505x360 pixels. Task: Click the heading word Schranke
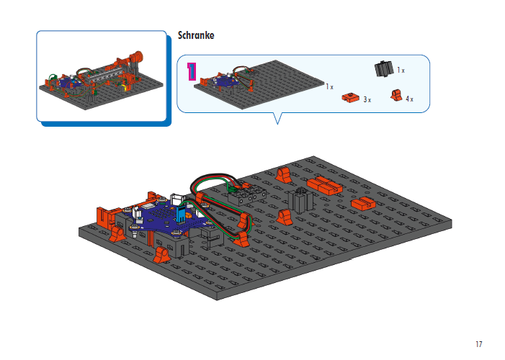[x=196, y=35]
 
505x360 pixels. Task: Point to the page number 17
[x=478, y=343]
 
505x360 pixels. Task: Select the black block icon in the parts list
[x=384, y=69]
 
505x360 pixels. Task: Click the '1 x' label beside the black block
[x=401, y=71]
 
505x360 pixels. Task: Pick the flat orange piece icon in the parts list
[x=351, y=97]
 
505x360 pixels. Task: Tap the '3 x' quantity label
[x=367, y=99]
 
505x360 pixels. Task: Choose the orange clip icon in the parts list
[x=395, y=95]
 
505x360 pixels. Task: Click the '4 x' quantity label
[x=409, y=99]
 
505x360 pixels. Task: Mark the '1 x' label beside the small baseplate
[x=329, y=86]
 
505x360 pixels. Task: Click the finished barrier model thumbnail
[x=104, y=76]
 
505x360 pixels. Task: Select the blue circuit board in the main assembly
[x=162, y=216]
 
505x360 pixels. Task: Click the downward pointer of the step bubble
[x=277, y=118]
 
